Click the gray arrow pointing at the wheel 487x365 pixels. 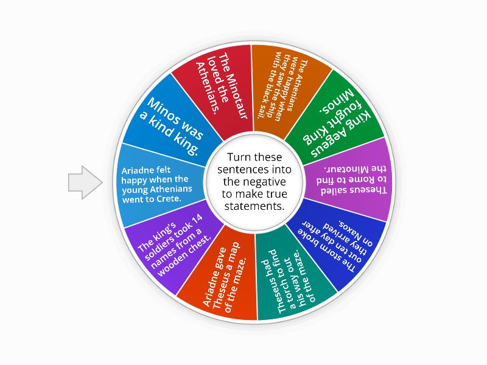pos(84,182)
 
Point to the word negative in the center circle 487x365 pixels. pos(256,182)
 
